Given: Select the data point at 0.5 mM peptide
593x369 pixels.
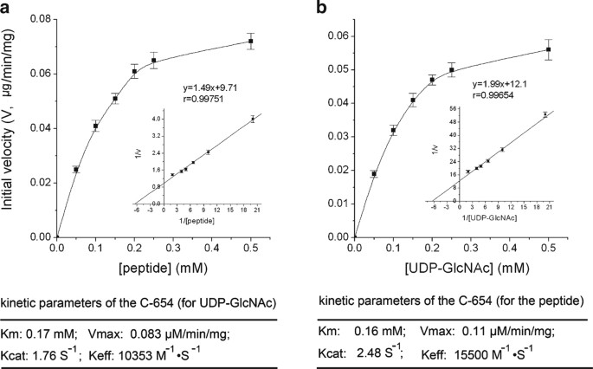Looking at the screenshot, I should coord(251,41).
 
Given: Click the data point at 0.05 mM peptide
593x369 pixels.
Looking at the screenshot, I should coord(76,170).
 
